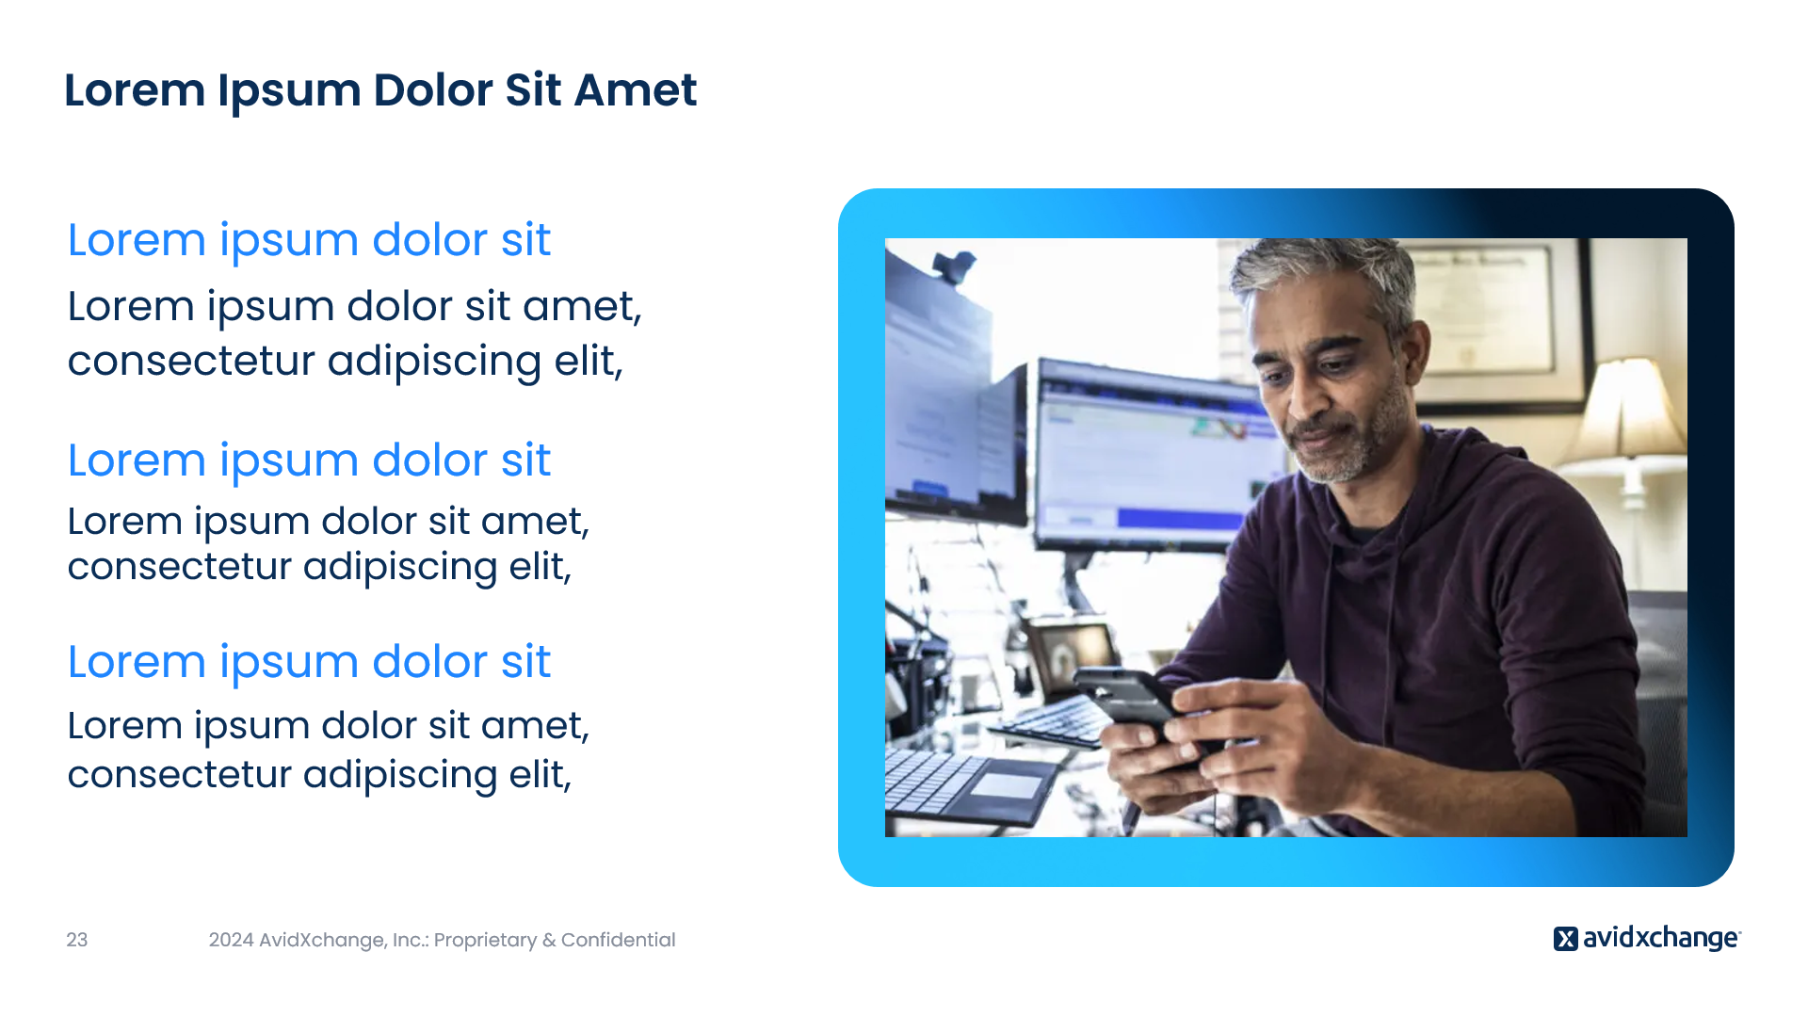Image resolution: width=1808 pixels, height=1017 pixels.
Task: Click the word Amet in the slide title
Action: pyautogui.click(x=636, y=90)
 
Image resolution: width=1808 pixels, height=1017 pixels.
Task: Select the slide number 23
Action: pyautogui.click(x=77, y=940)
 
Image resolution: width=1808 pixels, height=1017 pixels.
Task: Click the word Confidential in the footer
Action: pyautogui.click(x=618, y=940)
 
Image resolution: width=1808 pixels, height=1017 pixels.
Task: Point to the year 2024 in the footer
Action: pyautogui.click(x=231, y=940)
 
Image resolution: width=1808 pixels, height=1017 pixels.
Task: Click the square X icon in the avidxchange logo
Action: pyautogui.click(x=1565, y=939)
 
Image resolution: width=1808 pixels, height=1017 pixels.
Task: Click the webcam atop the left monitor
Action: pyautogui.click(x=955, y=266)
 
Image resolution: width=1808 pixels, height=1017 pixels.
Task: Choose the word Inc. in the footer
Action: pyautogui.click(x=409, y=940)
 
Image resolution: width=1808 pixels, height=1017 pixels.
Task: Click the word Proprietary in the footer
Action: pyautogui.click(x=485, y=941)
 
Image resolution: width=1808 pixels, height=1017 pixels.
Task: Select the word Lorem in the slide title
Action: pyautogui.click(x=135, y=90)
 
